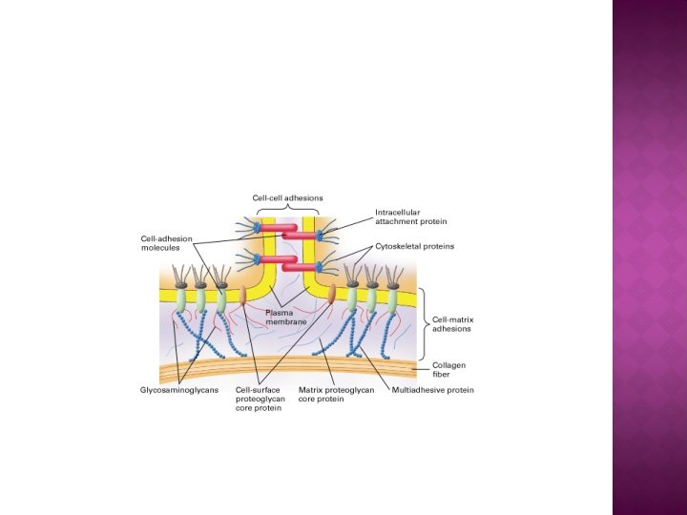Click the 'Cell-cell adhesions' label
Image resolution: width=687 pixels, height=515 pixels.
pos(287,198)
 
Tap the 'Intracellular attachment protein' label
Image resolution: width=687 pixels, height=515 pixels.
pos(410,216)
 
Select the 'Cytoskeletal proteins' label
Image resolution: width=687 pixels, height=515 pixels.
pos(414,246)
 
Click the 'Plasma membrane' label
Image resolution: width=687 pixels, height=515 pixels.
pos(286,318)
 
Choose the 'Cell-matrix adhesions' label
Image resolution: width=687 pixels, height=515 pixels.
pos(451,324)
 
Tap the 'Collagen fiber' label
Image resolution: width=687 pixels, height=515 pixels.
pos(448,368)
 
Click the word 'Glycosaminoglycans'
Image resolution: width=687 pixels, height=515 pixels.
pos(179,390)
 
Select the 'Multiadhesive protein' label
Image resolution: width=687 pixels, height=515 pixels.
pos(433,390)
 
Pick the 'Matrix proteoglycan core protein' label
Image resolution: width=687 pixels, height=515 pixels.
pos(337,395)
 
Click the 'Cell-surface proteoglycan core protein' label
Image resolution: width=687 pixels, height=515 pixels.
pos(260,400)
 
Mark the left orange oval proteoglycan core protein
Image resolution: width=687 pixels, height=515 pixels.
pos(242,296)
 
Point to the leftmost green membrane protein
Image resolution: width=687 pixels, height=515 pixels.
pos(180,300)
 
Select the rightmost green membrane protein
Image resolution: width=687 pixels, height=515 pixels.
pos(392,300)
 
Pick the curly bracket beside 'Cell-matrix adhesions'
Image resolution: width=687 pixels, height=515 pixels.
pos(424,324)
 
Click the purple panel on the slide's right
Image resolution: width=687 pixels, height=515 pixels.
pos(649,257)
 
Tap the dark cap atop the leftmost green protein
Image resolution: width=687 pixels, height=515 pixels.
pos(179,283)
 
